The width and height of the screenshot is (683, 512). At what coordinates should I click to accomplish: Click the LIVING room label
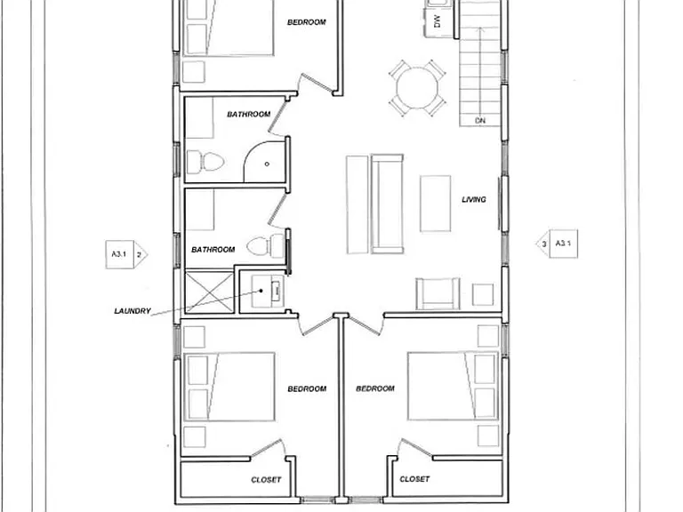(473, 199)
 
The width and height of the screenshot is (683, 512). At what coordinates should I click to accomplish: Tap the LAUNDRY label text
(133, 311)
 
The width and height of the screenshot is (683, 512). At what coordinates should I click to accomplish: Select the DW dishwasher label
(438, 21)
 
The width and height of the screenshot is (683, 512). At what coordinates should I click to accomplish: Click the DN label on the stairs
(479, 121)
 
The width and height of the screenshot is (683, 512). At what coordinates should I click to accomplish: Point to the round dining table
(417, 88)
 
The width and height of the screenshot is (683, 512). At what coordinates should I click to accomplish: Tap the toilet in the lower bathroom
(266, 246)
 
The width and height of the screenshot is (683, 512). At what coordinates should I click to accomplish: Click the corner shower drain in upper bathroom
(267, 164)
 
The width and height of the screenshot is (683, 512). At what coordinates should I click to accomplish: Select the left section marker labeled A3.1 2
(126, 254)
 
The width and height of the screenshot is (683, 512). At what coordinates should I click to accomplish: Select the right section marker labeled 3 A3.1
(557, 244)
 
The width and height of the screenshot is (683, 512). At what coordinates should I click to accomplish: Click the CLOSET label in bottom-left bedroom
(266, 480)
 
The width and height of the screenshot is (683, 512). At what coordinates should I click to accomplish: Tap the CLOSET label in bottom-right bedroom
(414, 479)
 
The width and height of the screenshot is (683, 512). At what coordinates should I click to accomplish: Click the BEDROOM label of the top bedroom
(307, 22)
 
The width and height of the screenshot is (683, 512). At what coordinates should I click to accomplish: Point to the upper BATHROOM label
(249, 114)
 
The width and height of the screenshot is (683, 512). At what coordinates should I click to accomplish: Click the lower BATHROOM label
(213, 250)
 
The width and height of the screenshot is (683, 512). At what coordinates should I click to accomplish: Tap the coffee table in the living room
(435, 204)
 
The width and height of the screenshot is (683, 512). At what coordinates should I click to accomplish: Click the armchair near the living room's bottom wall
(438, 293)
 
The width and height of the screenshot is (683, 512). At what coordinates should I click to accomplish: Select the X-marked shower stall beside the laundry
(210, 292)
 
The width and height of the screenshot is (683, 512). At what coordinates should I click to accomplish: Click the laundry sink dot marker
(261, 291)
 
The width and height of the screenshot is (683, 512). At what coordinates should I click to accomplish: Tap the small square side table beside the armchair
(483, 294)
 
